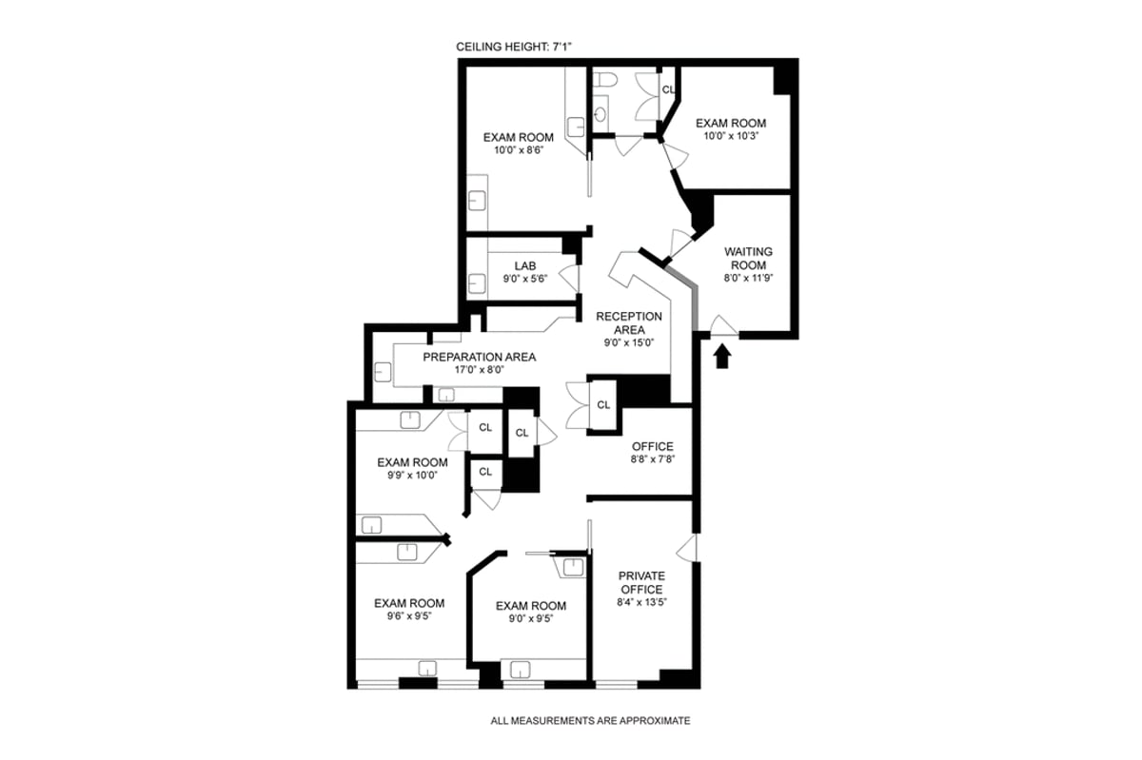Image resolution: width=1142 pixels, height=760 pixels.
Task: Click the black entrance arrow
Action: click(x=722, y=357)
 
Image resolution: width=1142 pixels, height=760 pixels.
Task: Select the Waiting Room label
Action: click(x=748, y=259)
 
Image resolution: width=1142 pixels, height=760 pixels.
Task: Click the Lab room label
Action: click(x=525, y=265)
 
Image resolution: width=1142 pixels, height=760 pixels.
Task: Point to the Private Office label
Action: click(x=641, y=583)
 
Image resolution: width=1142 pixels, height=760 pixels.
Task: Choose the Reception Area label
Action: click(x=629, y=323)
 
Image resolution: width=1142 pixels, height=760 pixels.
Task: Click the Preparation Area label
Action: click(x=480, y=357)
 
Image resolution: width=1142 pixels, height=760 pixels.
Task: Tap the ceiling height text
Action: click(x=514, y=47)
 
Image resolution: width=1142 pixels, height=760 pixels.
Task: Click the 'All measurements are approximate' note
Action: click(x=590, y=721)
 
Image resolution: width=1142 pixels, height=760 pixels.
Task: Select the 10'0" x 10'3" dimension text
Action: click(x=731, y=136)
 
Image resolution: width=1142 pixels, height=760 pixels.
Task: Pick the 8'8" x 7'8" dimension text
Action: click(x=653, y=458)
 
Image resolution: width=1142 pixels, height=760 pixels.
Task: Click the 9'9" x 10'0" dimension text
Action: click(x=412, y=475)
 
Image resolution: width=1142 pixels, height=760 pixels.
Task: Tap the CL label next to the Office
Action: click(x=603, y=404)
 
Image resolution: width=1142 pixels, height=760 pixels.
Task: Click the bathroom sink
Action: click(x=601, y=115)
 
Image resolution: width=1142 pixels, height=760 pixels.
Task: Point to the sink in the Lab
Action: click(x=477, y=283)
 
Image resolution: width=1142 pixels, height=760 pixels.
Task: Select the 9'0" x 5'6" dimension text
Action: click(x=525, y=279)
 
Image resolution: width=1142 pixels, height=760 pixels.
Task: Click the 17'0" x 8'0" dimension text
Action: click(x=480, y=370)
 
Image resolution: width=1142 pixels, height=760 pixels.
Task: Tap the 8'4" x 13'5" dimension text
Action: click(x=641, y=602)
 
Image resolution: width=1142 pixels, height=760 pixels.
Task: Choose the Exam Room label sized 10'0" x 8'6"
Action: click(x=519, y=137)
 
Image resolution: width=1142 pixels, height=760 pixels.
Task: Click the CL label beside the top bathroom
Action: click(x=668, y=89)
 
